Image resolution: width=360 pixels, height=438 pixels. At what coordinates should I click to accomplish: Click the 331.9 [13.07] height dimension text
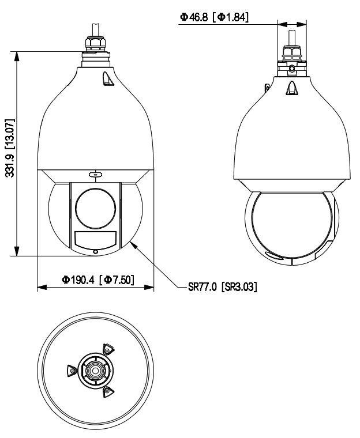click(x=10, y=148)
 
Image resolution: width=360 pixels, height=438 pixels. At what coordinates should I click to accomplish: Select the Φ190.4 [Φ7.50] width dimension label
click(x=97, y=280)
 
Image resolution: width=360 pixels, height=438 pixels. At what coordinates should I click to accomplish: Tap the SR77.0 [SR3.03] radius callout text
click(x=222, y=287)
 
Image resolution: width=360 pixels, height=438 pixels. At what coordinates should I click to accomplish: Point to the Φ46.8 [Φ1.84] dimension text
click(x=214, y=17)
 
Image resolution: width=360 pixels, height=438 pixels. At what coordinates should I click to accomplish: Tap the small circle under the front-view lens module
click(x=95, y=252)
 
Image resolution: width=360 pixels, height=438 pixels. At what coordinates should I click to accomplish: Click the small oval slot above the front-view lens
click(x=95, y=175)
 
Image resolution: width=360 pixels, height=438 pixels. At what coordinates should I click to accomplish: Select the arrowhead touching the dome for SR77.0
click(x=134, y=244)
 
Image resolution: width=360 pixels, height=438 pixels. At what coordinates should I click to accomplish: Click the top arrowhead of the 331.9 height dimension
click(x=17, y=56)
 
